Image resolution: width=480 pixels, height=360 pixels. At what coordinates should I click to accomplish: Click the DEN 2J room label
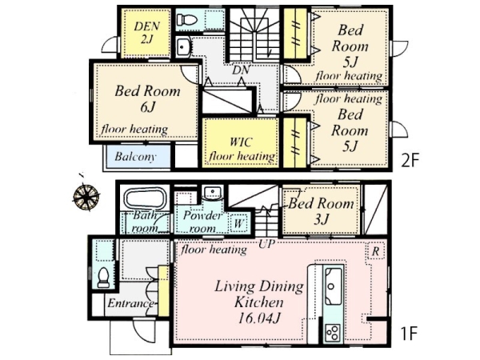147,33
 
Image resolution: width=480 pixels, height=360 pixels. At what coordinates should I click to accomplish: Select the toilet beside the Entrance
103,278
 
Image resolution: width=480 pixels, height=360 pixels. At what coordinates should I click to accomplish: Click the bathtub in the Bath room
146,198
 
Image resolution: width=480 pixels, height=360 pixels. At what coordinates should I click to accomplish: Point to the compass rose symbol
86,196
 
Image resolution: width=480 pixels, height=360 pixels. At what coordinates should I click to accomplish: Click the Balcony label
135,157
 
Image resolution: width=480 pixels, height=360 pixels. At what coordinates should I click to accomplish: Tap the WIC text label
242,142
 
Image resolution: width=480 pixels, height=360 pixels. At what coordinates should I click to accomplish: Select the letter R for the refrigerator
376,252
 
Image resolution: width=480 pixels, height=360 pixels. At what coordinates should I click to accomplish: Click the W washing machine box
238,223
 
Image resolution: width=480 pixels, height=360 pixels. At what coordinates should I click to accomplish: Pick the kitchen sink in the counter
333,286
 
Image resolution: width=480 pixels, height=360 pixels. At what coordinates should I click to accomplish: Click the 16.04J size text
259,318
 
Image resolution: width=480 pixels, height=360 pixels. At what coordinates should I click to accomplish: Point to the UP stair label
266,244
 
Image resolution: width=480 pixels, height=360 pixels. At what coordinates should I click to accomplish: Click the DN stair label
241,70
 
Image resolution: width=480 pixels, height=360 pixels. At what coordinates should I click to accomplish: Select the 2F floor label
410,161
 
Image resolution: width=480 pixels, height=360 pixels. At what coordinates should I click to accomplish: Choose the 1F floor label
410,334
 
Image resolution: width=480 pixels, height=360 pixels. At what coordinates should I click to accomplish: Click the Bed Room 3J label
321,211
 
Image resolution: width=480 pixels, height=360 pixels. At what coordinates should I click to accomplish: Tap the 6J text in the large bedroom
148,107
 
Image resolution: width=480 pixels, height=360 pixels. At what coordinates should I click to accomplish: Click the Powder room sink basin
213,193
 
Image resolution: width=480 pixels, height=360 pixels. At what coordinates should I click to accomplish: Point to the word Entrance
130,303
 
